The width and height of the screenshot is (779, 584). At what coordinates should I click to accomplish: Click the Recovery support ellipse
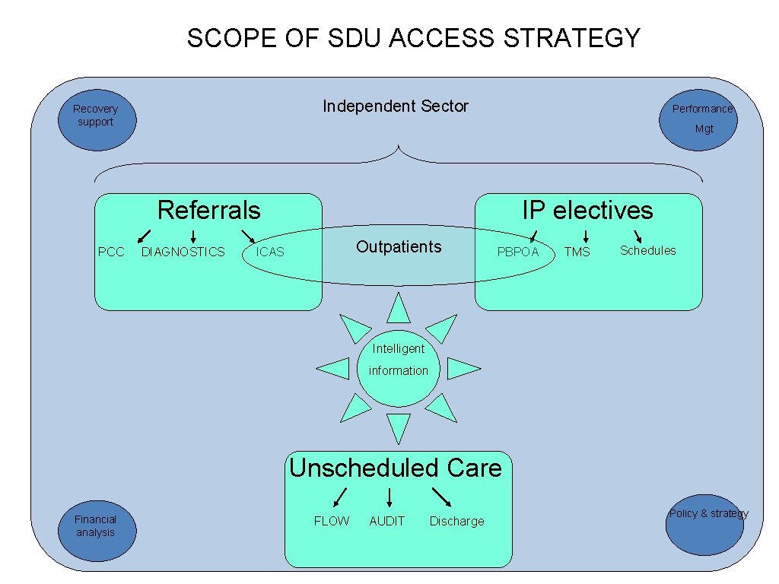(x=97, y=122)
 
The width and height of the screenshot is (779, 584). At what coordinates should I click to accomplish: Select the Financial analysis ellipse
(x=96, y=531)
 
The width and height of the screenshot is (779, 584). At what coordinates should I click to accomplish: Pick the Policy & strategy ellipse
(x=704, y=524)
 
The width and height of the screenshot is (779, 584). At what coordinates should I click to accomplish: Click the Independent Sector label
(x=396, y=106)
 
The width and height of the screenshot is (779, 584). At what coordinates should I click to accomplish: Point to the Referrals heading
(x=208, y=210)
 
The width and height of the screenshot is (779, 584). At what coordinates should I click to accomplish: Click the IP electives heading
(x=587, y=210)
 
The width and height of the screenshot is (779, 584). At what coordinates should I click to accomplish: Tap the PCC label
(x=111, y=252)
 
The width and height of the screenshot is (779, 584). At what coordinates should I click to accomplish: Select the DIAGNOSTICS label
(x=183, y=252)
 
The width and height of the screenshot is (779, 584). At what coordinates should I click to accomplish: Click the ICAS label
(x=269, y=252)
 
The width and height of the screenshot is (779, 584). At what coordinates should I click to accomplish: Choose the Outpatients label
(x=399, y=246)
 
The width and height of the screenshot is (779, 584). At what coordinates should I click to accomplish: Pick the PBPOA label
(x=517, y=252)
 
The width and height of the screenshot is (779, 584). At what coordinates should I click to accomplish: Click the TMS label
(x=577, y=252)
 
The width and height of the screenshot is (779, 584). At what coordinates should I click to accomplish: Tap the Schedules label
(x=647, y=250)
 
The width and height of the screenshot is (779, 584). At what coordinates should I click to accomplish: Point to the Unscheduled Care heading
(x=396, y=468)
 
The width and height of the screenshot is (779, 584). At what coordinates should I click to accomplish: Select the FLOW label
(x=332, y=521)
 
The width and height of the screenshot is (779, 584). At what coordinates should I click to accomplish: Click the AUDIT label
(x=387, y=521)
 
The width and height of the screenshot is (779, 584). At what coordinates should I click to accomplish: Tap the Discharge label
(x=456, y=521)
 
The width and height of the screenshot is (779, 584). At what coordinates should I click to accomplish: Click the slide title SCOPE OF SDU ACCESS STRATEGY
(x=414, y=38)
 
